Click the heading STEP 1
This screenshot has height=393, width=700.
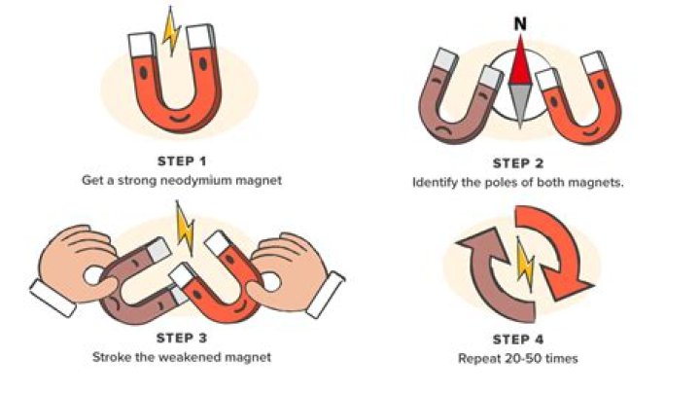pyautogui.click(x=182, y=161)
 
